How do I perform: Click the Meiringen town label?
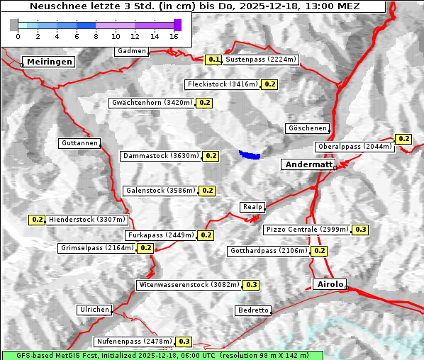tap(49, 62)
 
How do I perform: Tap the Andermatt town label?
tap(308, 164)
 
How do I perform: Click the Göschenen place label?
tap(308, 128)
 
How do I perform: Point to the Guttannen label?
tap(79, 143)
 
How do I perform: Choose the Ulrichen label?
tap(94, 310)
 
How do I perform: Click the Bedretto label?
tap(253, 310)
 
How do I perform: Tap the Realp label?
tap(252, 207)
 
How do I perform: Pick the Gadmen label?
tap(132, 51)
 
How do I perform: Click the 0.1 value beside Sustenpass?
tap(214, 60)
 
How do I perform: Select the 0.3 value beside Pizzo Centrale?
tap(361, 230)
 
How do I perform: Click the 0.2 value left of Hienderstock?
tap(37, 220)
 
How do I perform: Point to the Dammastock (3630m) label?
tap(160, 155)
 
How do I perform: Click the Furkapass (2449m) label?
tap(160, 235)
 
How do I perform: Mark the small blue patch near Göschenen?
tap(250, 154)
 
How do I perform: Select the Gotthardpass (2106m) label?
tap(269, 251)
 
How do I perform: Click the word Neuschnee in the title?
tap(54, 6)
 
